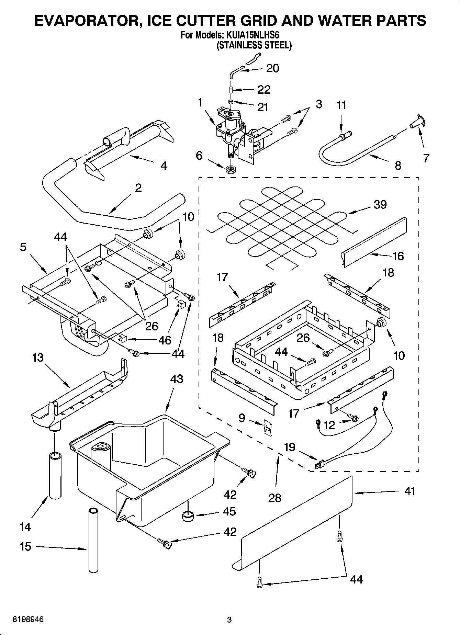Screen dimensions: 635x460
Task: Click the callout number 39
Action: point(380,205)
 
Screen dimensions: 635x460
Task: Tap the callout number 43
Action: point(177,379)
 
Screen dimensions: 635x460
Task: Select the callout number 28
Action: point(275,498)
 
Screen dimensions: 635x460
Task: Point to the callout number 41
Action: point(409,491)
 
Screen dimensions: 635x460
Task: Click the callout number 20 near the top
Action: point(273,68)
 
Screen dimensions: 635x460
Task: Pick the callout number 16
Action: point(397,256)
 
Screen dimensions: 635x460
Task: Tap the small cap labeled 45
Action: point(188,516)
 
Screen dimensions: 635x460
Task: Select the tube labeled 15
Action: point(93,538)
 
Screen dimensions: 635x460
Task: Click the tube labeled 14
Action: point(55,476)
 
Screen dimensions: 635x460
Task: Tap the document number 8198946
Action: point(28,620)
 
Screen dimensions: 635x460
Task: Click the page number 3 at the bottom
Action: point(229,620)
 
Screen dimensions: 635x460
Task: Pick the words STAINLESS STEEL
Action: point(254,45)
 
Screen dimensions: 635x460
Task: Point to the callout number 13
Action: point(38,358)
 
